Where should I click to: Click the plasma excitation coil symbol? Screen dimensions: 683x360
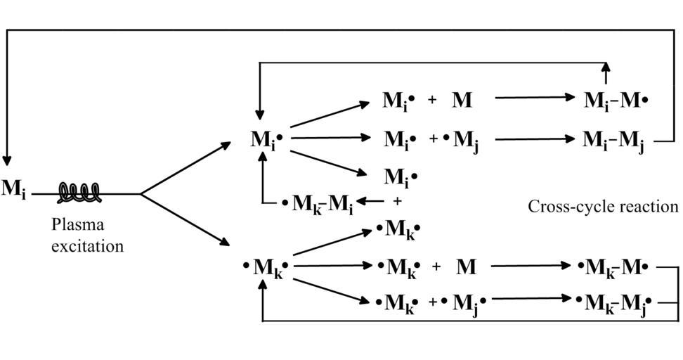(79, 193)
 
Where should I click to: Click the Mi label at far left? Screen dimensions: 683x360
(13, 189)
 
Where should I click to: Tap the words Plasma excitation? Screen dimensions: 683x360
(87, 236)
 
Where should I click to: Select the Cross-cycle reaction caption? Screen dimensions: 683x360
(604, 206)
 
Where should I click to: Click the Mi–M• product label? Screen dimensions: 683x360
(616, 101)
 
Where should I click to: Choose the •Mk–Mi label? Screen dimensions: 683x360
(318, 203)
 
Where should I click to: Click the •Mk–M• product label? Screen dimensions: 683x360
(613, 268)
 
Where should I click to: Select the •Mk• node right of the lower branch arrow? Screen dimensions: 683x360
(266, 267)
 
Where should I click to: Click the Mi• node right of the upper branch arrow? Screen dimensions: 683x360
(266, 140)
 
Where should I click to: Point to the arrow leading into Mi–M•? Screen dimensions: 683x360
(535, 97)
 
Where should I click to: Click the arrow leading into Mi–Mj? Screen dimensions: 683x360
(535, 139)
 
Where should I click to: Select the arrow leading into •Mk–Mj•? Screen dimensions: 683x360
(531, 299)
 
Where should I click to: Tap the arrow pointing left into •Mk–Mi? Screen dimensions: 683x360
(370, 201)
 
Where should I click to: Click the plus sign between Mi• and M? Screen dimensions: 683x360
(432, 101)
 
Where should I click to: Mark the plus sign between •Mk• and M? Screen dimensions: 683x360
(436, 266)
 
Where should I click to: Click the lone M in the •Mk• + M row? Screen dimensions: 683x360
(466, 266)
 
